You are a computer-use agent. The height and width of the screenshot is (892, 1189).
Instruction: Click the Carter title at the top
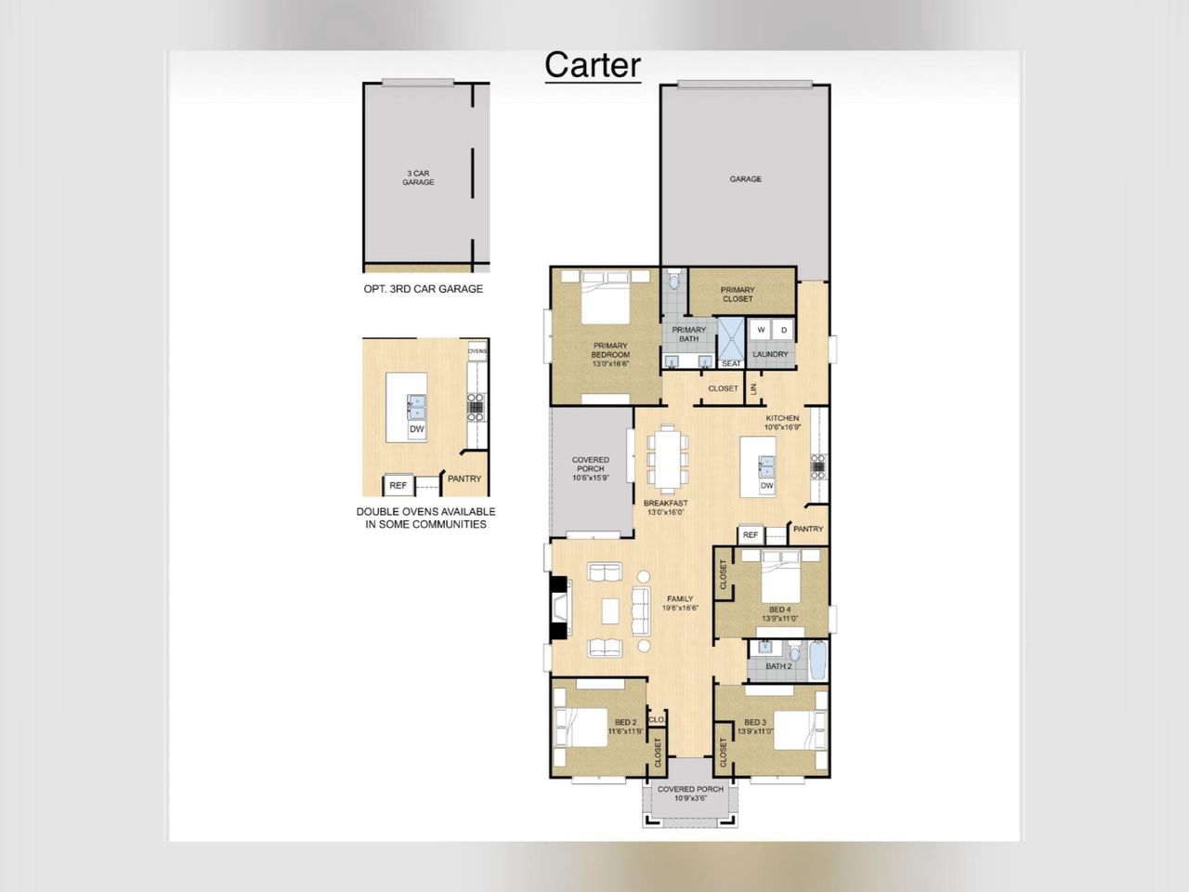593,65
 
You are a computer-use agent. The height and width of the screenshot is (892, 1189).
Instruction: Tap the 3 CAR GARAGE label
418,177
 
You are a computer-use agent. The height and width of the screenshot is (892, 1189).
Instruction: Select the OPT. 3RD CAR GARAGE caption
423,289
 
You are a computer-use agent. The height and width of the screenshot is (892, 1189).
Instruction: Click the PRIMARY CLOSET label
738,294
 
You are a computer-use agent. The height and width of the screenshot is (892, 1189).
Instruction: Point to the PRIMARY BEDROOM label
610,354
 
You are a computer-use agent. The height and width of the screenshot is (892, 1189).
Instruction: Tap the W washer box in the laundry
761,330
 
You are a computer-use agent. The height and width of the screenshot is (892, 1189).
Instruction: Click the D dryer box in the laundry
784,330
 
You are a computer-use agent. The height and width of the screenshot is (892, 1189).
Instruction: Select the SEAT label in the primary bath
732,363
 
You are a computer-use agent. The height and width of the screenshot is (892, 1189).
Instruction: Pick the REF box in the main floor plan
751,535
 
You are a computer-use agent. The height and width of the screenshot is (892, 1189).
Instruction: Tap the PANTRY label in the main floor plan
808,529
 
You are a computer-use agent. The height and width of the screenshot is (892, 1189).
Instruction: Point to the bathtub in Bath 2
818,661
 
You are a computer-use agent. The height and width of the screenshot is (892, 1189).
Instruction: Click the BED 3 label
755,722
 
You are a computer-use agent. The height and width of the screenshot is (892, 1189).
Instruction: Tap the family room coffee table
610,610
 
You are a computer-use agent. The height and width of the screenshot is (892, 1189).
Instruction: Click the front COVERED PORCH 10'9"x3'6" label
690,794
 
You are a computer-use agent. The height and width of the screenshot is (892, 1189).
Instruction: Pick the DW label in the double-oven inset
417,429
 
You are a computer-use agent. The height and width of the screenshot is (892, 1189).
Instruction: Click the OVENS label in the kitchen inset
477,351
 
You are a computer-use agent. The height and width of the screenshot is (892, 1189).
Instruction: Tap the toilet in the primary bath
674,280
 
